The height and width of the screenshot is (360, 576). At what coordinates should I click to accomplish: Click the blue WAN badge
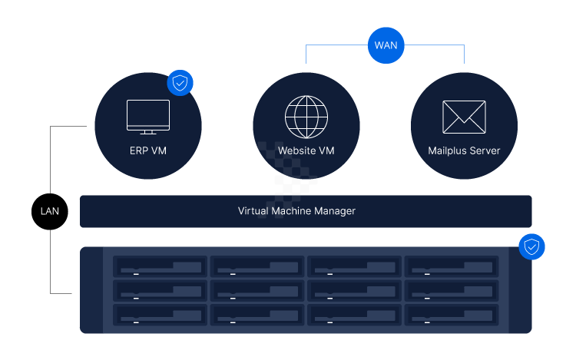(x=386, y=45)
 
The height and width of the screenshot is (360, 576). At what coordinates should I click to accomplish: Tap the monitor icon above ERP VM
(x=148, y=116)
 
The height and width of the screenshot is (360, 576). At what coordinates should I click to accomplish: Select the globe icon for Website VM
(x=306, y=117)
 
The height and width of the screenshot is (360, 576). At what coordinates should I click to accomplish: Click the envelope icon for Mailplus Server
(x=464, y=117)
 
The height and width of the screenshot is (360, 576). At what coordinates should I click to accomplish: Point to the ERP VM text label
(x=148, y=150)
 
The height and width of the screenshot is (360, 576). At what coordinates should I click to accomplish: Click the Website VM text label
(x=306, y=150)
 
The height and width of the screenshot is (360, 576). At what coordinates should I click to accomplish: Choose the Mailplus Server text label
(x=464, y=150)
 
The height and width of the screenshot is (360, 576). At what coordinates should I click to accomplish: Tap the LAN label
(x=50, y=211)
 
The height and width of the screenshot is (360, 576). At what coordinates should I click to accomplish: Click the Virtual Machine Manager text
(x=296, y=210)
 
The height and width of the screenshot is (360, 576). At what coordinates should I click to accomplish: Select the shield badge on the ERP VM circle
(x=180, y=84)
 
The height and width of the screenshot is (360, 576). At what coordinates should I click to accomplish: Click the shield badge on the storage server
(x=531, y=247)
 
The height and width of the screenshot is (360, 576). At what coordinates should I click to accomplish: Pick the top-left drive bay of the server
(x=161, y=266)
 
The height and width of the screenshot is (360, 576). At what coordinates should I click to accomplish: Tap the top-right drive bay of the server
(x=451, y=266)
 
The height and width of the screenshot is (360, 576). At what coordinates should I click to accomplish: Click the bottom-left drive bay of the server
(x=161, y=315)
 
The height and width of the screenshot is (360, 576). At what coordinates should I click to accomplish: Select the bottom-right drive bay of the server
(x=451, y=315)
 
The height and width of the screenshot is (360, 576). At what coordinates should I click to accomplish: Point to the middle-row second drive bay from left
(x=257, y=290)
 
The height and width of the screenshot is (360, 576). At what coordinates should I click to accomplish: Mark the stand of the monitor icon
(x=148, y=132)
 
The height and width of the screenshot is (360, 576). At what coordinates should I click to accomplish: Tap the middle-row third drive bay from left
(x=354, y=290)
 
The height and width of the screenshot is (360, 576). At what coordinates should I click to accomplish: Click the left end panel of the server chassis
(x=91, y=290)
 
